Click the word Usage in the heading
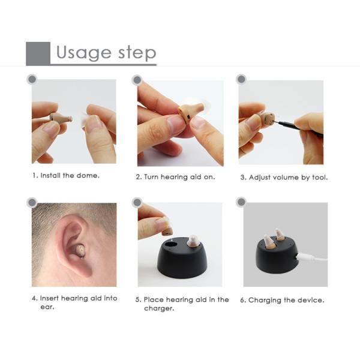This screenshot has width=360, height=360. pyautogui.click(x=84, y=53)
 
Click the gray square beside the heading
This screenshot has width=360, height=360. pyautogui.click(x=38, y=53)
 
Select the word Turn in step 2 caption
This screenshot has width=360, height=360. pyautogui.click(x=151, y=177)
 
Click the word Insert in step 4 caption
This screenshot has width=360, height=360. pyautogui.click(x=49, y=298)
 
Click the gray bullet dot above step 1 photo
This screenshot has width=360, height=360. pyautogui.click(x=32, y=79)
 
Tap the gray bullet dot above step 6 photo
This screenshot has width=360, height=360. pyautogui.click(x=241, y=202)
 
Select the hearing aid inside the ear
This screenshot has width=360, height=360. pyautogui.click(x=79, y=251)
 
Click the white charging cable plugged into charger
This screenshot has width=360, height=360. pyautogui.click(x=312, y=257)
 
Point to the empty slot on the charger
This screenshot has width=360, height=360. pyautogui.click(x=170, y=244)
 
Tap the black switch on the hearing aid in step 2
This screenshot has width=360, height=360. pyautogui.click(x=188, y=117)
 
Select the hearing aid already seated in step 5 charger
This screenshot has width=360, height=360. pyautogui.click(x=193, y=241)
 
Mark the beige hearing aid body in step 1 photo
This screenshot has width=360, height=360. pyautogui.click(x=61, y=118)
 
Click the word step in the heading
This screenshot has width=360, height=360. pyautogui.click(x=137, y=53)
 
